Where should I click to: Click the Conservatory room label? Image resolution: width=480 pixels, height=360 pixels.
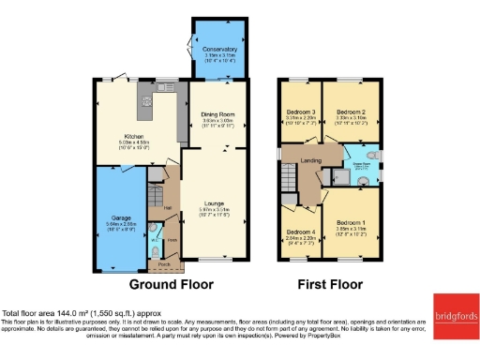point(217,50)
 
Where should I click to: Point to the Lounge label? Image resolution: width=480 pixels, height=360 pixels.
point(217,202)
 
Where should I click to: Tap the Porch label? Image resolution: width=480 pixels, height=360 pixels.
point(164,264)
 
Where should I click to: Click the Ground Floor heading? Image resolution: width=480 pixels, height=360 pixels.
point(171,284)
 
